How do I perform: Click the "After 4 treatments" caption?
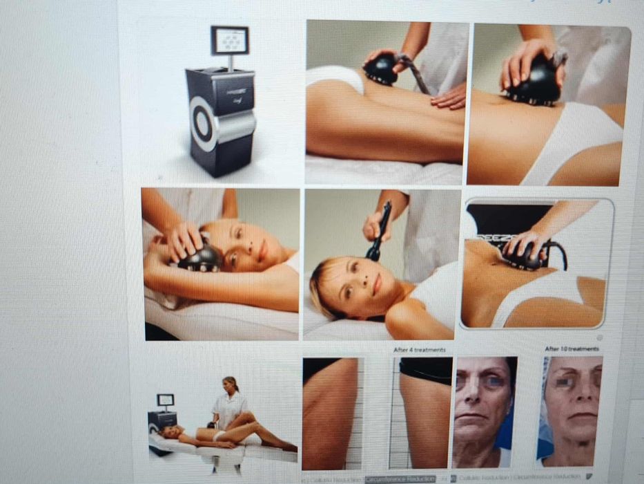419,351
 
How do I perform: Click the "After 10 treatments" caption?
572,349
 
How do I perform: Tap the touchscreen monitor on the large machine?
229,41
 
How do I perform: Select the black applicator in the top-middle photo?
382,70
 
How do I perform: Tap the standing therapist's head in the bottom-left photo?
230,384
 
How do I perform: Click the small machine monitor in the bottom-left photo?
165,400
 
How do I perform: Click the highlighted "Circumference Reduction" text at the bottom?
400,478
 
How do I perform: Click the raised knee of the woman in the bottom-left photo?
242,415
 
